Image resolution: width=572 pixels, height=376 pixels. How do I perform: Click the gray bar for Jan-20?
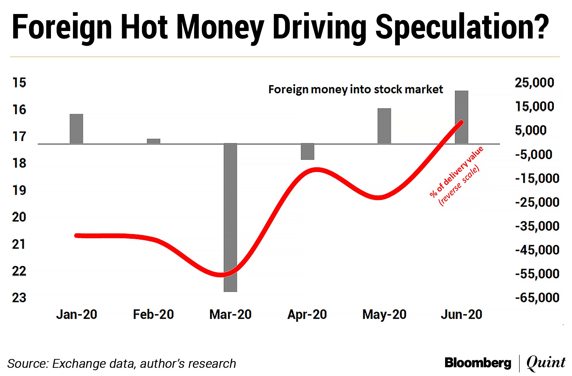point(76,129)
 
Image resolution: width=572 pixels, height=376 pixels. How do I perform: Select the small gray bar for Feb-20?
point(153,141)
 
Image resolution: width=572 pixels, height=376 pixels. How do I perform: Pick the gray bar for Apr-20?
point(307,151)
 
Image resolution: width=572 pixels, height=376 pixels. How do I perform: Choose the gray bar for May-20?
point(384,126)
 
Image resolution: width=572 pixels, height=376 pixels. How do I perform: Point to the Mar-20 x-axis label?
point(230,314)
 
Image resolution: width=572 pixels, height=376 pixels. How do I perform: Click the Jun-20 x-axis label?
point(461,314)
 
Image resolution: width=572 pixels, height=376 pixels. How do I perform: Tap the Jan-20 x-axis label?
point(77,314)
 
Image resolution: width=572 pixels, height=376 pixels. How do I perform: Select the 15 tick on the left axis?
point(19,83)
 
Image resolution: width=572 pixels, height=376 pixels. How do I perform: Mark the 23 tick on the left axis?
point(19,298)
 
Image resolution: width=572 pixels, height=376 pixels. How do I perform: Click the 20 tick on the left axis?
point(19,217)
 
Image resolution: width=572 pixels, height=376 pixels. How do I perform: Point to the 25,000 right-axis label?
point(534,83)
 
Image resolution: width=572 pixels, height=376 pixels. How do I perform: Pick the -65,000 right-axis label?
point(537,298)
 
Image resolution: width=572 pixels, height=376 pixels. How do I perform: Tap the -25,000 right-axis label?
point(537,202)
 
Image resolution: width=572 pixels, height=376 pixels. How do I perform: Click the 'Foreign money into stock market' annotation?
point(355,89)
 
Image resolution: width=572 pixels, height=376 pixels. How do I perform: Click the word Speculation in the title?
point(462,27)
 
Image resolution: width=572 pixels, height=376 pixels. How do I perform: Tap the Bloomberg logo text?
point(478,363)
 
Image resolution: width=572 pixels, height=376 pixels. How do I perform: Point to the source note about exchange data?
point(122,363)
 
